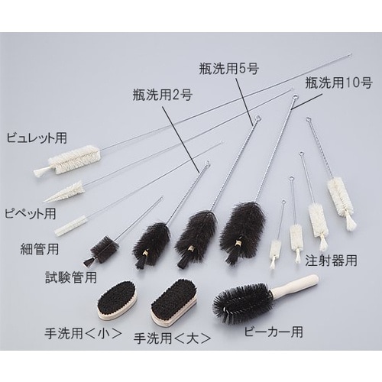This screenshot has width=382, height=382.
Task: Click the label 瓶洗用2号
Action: click(x=158, y=95)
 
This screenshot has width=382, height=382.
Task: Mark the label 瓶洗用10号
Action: click(x=335, y=82)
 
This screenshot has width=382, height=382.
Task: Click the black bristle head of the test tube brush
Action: click(x=103, y=248)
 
